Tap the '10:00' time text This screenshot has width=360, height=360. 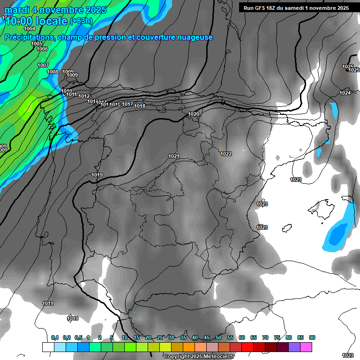click(20, 21)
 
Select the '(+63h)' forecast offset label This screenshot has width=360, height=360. click(81, 21)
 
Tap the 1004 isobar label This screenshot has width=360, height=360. click(30, 29)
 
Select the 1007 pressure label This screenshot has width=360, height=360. click(43, 65)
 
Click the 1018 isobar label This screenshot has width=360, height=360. click(140, 106)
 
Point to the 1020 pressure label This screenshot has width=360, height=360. click(194, 114)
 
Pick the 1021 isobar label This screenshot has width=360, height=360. click(174, 156)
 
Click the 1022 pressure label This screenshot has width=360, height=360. click(226, 154)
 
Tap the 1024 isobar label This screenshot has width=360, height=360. click(345, 93)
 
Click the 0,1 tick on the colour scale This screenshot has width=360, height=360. click(55, 338)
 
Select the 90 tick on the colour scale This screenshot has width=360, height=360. click(312, 338)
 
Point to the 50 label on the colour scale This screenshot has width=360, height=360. click(218, 338)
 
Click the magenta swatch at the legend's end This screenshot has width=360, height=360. click(306, 347)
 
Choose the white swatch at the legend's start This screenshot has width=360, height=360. click(48, 347)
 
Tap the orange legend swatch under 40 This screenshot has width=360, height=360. click(189, 347)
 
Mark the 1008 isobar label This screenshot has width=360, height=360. click(53, 72)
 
